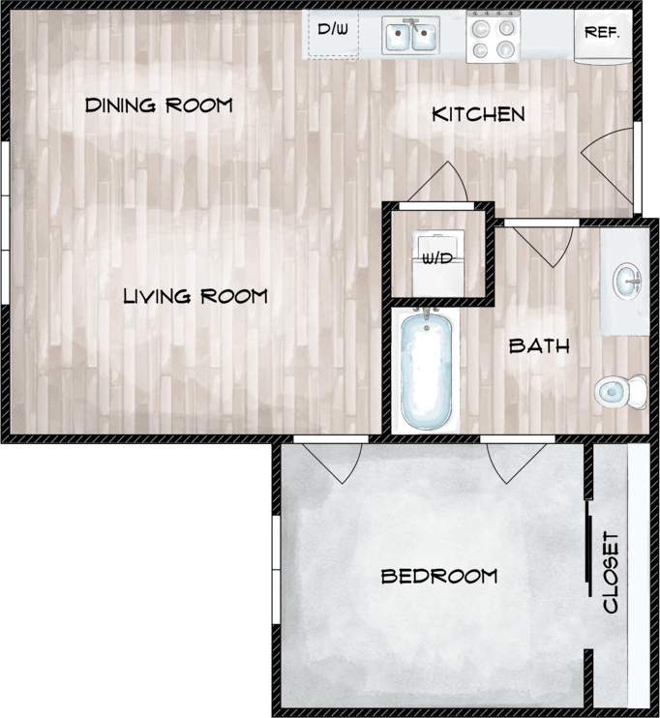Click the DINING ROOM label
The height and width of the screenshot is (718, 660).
(159, 105)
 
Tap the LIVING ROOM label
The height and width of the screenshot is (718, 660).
(195, 296)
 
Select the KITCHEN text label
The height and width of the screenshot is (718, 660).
(478, 114)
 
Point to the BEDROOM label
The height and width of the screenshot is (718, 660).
(439, 577)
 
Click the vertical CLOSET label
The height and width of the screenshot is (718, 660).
(611, 572)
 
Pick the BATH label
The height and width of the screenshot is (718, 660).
(539, 345)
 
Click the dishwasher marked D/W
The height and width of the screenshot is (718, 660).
(333, 32)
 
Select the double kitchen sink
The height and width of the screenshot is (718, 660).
(410, 37)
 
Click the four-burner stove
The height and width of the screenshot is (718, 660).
(494, 37)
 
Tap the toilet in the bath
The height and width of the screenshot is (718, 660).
(619, 391)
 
